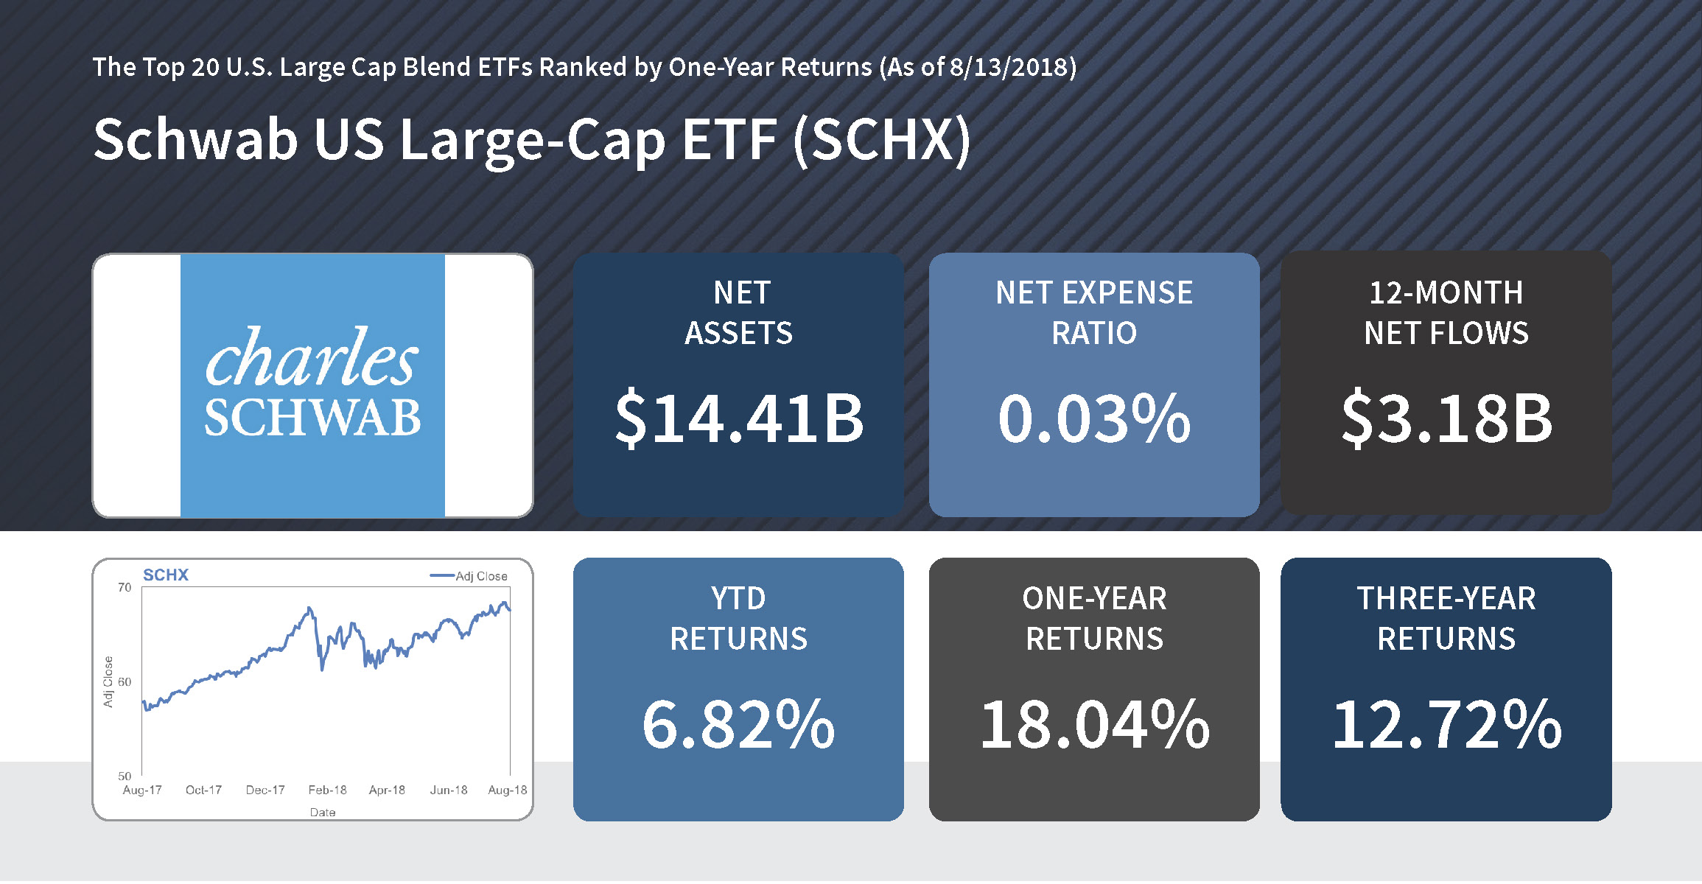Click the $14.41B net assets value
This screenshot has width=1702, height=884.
pos(739,418)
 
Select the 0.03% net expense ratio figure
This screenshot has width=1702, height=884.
pos(1094,418)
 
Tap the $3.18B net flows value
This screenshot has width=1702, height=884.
pos(1446,418)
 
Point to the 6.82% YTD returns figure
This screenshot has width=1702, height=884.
pos(738,724)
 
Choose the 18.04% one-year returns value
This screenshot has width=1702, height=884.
pos(1094,724)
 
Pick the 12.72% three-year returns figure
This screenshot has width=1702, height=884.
pos(1446,724)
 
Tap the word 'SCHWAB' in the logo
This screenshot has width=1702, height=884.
pos(312,418)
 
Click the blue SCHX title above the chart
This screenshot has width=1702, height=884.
pos(166,575)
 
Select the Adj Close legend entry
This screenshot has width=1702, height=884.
pos(469,576)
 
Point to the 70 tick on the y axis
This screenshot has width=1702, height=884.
pos(125,587)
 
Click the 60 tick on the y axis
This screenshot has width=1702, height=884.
pos(125,681)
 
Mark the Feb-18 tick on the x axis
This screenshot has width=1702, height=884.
pos(327,790)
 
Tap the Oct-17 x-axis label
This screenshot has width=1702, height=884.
pos(203,790)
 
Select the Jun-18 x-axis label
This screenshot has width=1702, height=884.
pos(449,790)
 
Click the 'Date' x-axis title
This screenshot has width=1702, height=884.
pos(323,812)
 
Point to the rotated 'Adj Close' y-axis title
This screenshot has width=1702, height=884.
pos(108,681)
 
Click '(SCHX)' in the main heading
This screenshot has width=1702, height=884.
pos(882,140)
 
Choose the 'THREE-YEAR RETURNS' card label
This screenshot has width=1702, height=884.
pos(1446,619)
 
